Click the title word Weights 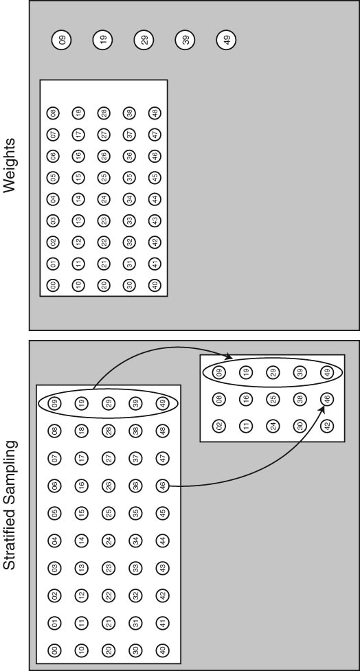pyautogui.click(x=10, y=165)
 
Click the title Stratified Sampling pyautogui.click(x=10, y=505)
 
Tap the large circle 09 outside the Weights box pyautogui.click(x=62, y=41)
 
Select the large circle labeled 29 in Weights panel pyautogui.click(x=144, y=41)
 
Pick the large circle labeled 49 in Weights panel pyautogui.click(x=227, y=41)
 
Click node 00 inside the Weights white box pyautogui.click(x=54, y=284)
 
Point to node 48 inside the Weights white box pyautogui.click(x=155, y=113)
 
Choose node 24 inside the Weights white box pyautogui.click(x=104, y=199)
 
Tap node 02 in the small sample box pyautogui.click(x=220, y=426)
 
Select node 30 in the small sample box pyautogui.click(x=298, y=426)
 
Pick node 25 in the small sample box pyautogui.click(x=272, y=399)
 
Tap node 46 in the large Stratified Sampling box pyautogui.click(x=162, y=486)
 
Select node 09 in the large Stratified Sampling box pyautogui.click(x=56, y=404)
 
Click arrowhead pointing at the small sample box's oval pyautogui.click(x=229, y=356)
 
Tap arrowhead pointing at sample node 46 pyautogui.click(x=322, y=408)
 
